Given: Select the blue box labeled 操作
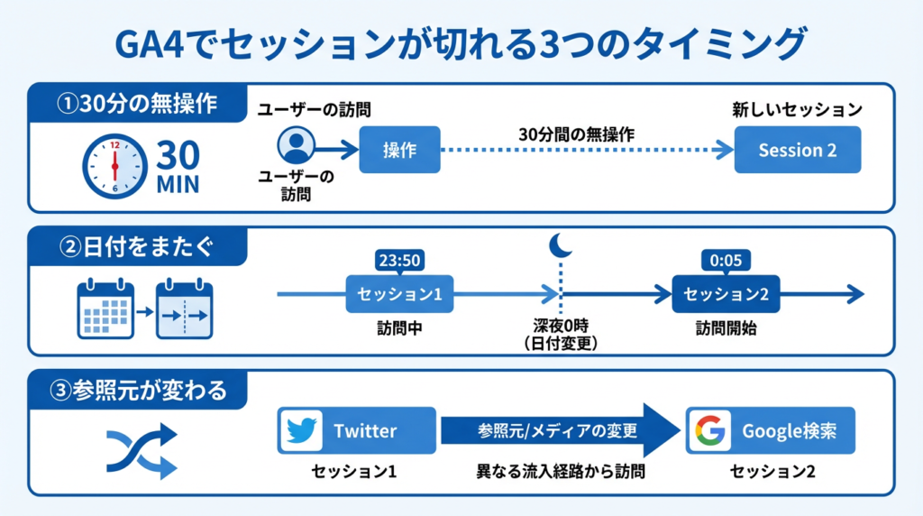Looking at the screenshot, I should [399, 150].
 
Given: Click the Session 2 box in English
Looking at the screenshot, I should [797, 150].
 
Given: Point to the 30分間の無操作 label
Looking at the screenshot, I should [577, 134].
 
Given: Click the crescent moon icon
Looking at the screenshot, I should [561, 244].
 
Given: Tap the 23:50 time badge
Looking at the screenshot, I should [399, 261].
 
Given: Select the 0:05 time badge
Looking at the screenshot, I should [726, 261].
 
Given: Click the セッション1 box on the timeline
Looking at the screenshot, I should [399, 294].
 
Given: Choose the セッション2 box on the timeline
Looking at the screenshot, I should [726, 294].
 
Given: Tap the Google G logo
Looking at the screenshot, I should [708, 430].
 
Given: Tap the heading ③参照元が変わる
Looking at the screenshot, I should [141, 391].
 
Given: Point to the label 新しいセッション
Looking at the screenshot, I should [797, 110].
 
